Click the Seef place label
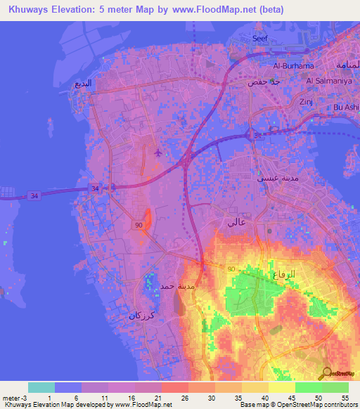coord(260,39)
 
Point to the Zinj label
coord(307,102)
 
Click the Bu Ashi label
coord(346,107)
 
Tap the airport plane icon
coord(157,152)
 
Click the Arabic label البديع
coord(83,83)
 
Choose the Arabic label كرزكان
coord(141,316)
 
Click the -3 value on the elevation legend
coord(21,397)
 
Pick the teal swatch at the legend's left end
coord(41,387)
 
